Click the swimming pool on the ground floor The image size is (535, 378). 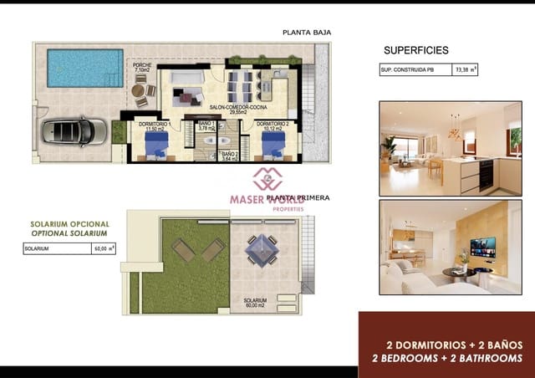pyautogui.click(x=84, y=67)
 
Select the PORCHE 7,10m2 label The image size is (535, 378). pyautogui.click(x=141, y=68)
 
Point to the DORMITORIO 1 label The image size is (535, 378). pyautogui.click(x=157, y=126)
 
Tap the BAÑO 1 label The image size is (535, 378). pyautogui.click(x=206, y=126)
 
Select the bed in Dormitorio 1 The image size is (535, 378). pyautogui.click(x=156, y=146)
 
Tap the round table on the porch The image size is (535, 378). pyautogui.click(x=138, y=90)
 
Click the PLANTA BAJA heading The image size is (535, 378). pyautogui.click(x=308, y=33)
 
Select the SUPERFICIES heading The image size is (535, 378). pyautogui.click(x=415, y=50)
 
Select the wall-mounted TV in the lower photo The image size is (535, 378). pyautogui.click(x=482, y=248)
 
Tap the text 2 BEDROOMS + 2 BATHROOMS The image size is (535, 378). pyautogui.click(x=447, y=358)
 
